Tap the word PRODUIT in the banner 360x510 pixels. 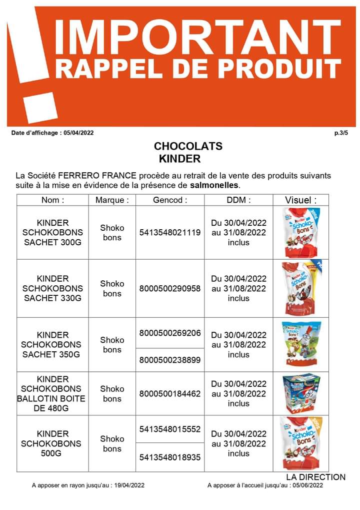click(283, 69)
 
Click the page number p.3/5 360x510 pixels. click(341, 133)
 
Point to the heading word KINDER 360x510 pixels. click(179, 159)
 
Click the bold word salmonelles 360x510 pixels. click(215, 185)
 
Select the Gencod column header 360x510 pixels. click(170, 200)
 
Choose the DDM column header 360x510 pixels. click(238, 200)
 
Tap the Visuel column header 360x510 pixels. click(300, 200)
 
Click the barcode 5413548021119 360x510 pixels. click(170, 233)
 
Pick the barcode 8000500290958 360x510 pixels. click(170, 289)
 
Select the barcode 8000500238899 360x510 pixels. click(170, 359)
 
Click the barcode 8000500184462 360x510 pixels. click(170, 394)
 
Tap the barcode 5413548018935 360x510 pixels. click(170, 457)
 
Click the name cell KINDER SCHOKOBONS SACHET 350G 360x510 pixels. click(52, 344)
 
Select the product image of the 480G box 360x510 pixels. click(300, 393)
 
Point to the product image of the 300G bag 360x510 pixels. click(300, 232)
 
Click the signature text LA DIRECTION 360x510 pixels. click(315, 477)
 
